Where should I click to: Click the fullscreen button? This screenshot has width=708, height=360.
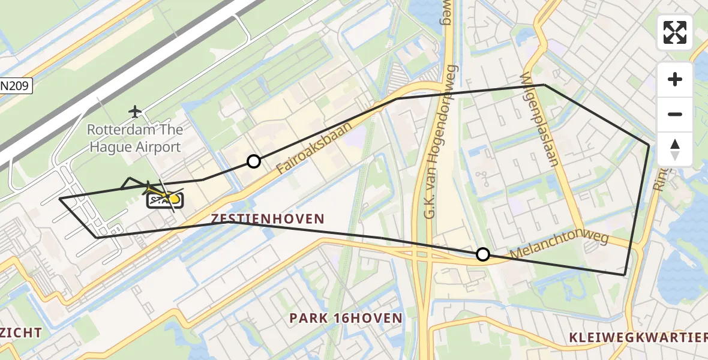pyautogui.click(x=675, y=32)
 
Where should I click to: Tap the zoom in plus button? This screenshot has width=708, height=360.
pyautogui.click(x=675, y=79)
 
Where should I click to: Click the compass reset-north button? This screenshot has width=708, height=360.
pyautogui.click(x=675, y=149)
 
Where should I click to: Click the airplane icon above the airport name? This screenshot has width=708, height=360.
pyautogui.click(x=135, y=111)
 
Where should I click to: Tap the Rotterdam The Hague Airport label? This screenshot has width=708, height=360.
pyautogui.click(x=135, y=138)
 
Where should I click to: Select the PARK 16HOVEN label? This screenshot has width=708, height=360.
pyautogui.click(x=346, y=318)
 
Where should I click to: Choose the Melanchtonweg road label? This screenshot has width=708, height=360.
pyautogui.click(x=559, y=246)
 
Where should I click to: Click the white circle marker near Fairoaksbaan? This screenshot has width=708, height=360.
pyautogui.click(x=254, y=161)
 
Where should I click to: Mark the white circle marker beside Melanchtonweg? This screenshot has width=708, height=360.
pyautogui.click(x=482, y=254)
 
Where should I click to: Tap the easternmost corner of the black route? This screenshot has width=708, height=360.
pyautogui.click(x=649, y=145)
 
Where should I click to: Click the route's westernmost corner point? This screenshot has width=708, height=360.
pyautogui.click(x=59, y=198)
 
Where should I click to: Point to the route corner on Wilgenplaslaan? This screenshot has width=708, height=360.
pyautogui.click(x=544, y=85)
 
